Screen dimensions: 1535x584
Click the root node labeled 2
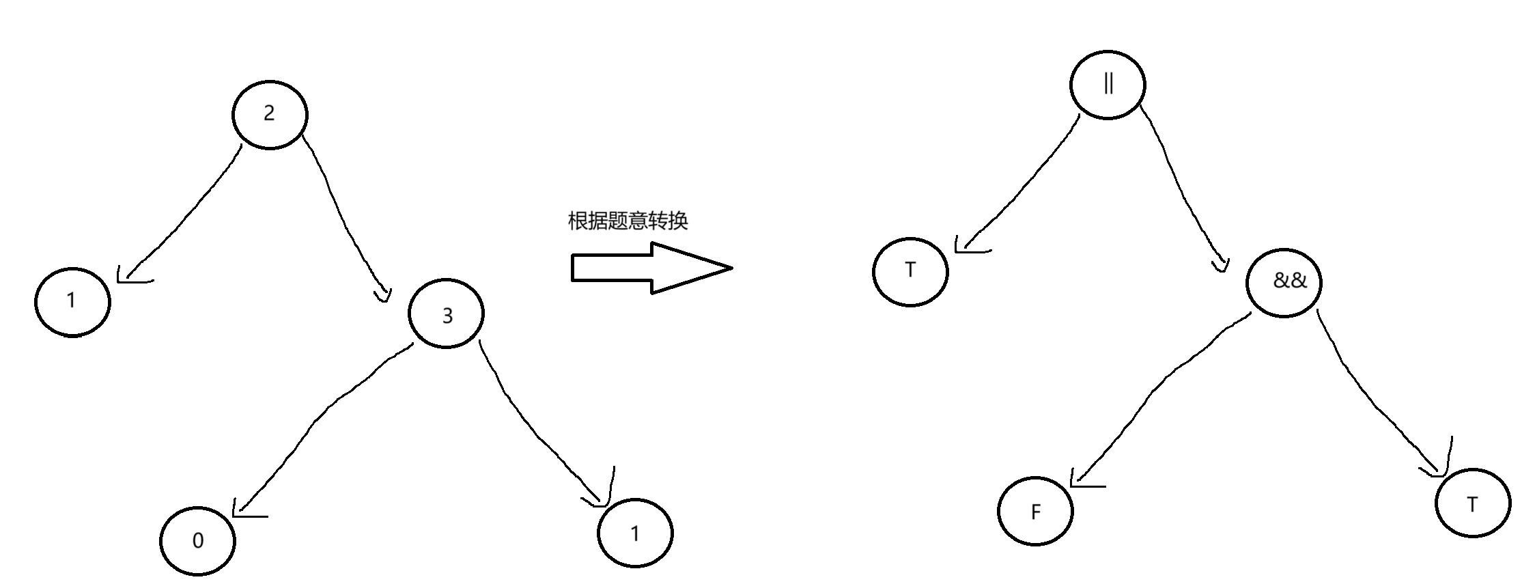270,114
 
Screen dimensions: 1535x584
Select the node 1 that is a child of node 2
72,301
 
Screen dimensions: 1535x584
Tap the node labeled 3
446,314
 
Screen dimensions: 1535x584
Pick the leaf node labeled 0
197,541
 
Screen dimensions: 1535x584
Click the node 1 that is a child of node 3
635,533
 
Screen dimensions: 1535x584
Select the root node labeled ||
1108,85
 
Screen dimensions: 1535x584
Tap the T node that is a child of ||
910,271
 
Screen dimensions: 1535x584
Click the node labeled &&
1284,281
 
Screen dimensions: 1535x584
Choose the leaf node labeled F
1035,511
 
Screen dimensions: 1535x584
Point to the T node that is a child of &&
1473,504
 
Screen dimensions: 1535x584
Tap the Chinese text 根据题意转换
628,221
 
